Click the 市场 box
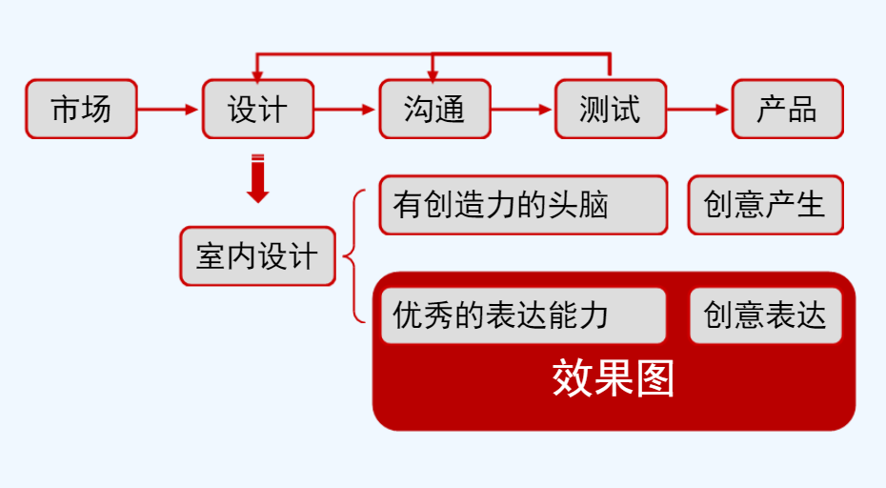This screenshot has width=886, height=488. [81, 109]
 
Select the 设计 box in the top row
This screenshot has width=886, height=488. [257, 109]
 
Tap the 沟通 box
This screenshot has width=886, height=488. [434, 109]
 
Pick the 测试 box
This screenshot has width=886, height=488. [610, 109]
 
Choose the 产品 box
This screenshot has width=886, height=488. [787, 109]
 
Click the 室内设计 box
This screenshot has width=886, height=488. [257, 255]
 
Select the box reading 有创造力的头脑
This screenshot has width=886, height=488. [523, 205]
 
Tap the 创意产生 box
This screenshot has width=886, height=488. [765, 205]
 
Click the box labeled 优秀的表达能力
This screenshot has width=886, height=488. [523, 315]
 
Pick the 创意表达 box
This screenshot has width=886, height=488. [765, 315]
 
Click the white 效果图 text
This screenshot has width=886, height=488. [613, 378]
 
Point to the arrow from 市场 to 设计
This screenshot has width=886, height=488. [170, 109]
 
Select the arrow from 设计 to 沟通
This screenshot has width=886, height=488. [346, 109]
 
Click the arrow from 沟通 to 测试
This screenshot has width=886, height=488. [522, 109]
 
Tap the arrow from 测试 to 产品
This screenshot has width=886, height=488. [698, 109]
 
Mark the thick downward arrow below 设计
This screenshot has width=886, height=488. [257, 179]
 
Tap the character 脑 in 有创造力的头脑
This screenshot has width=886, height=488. [595, 205]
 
